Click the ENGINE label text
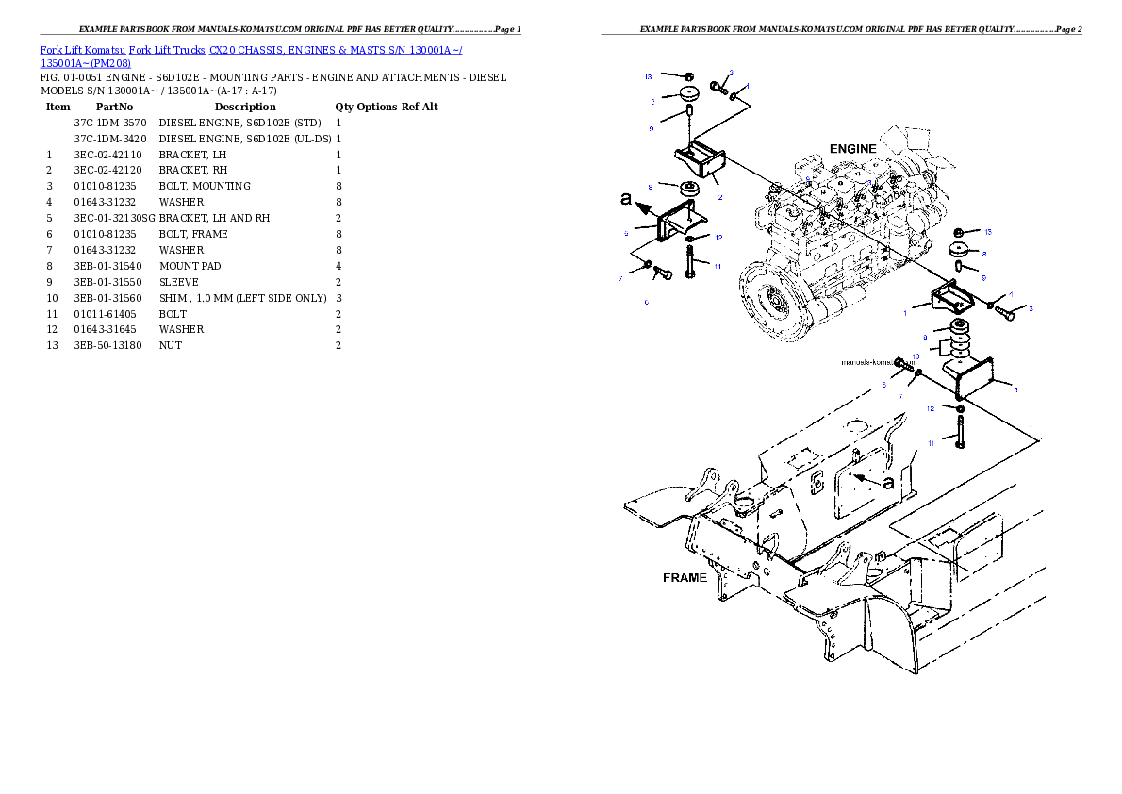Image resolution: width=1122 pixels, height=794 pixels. (852, 149)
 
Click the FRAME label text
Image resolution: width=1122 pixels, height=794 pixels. (685, 578)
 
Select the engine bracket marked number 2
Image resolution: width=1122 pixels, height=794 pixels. (699, 160)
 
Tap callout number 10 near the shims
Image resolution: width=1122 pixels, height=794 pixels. (916, 356)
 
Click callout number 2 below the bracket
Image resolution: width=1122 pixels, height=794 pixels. (719, 198)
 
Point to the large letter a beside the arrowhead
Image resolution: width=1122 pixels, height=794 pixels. (626, 200)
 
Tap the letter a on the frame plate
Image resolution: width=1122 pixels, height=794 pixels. (888, 482)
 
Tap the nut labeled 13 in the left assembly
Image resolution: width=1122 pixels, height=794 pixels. (688, 74)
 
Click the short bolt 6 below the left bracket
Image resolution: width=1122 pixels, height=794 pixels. (659, 273)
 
